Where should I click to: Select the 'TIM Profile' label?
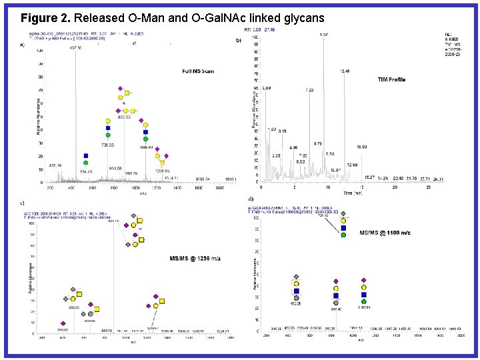391,79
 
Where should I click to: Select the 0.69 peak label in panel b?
267,88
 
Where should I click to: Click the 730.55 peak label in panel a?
107,145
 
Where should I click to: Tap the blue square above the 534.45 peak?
86,155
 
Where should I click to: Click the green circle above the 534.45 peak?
86,163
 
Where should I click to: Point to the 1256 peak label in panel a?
163,171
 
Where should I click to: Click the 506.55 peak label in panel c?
74,307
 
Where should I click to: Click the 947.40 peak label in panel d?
335,309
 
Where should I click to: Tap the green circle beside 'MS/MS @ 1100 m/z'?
343,235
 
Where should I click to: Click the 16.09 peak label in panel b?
362,146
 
